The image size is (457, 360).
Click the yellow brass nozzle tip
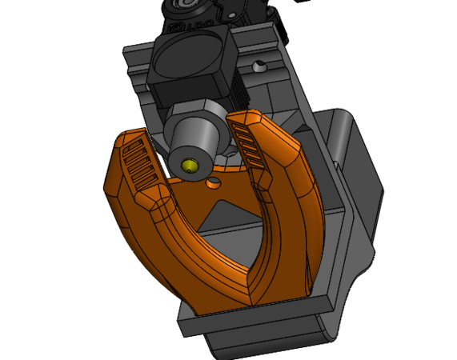(x=190, y=166)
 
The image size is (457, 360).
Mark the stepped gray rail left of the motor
(x=136, y=68)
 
